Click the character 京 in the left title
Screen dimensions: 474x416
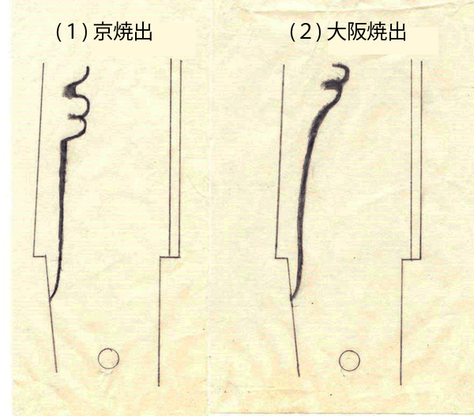click(103, 32)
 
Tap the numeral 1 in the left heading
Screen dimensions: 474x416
click(71, 32)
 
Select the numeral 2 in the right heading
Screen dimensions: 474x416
click(305, 32)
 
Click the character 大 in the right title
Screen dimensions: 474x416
click(337, 32)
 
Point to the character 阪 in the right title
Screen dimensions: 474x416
click(356, 32)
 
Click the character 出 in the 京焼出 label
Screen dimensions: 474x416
click(142, 32)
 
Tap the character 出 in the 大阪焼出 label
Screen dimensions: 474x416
click(396, 32)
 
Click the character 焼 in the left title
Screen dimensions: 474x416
click(122, 32)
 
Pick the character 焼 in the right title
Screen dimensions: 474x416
click(376, 32)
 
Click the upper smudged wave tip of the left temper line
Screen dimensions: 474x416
click(70, 90)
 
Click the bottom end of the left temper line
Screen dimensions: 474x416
click(50, 299)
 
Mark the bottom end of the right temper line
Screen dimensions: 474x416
click(292, 300)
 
